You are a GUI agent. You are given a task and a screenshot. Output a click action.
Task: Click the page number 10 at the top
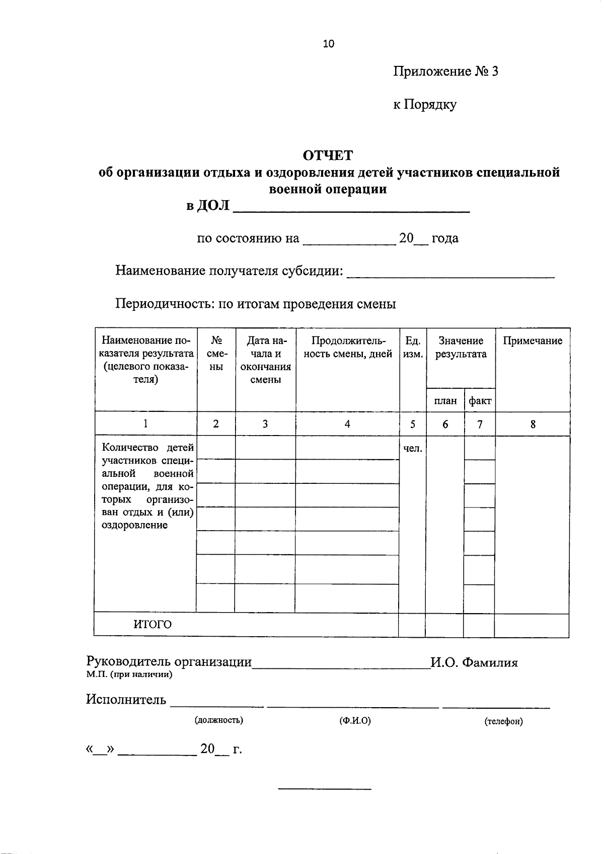(x=328, y=44)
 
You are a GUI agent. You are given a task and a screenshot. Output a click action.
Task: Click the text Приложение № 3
(x=445, y=71)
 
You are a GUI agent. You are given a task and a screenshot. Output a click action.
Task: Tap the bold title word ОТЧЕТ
(x=328, y=155)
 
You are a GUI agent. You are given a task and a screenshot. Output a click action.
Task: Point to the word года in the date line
(x=445, y=238)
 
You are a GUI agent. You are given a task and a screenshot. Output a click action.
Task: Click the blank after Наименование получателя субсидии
(x=451, y=272)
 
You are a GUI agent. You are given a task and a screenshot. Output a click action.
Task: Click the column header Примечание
(x=533, y=341)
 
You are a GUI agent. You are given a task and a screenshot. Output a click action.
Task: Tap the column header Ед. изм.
(x=413, y=347)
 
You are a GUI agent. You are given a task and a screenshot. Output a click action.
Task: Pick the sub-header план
(x=445, y=401)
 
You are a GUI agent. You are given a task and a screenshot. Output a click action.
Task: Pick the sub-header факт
(x=480, y=401)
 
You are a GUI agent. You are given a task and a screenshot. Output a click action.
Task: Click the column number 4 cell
(x=347, y=424)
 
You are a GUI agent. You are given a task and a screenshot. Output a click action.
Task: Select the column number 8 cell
(x=533, y=424)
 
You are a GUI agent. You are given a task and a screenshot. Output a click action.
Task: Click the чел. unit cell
(x=413, y=448)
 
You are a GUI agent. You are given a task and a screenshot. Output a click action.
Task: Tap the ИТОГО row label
(x=152, y=625)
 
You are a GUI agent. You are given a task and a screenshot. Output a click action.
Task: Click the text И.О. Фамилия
(x=474, y=662)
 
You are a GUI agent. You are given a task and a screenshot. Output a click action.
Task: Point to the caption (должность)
(x=218, y=720)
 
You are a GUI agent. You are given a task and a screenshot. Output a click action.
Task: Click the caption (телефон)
(x=503, y=722)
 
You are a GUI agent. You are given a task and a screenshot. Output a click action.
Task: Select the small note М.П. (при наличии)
(x=129, y=675)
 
